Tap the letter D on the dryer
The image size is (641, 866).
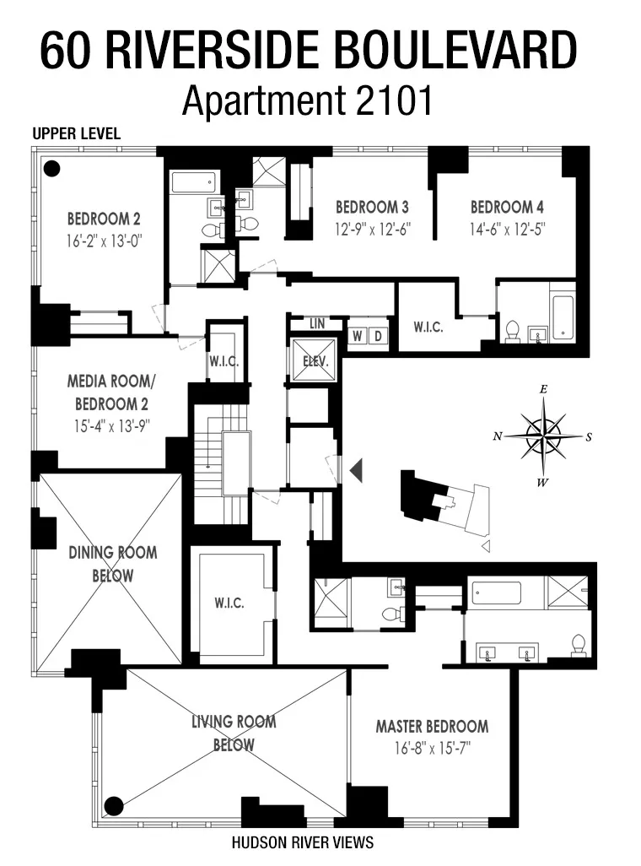coord(379,335)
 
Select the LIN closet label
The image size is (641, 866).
coord(316,323)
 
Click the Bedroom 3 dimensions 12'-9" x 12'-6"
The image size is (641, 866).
coord(372,228)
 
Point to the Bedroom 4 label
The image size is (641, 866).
coord(502,207)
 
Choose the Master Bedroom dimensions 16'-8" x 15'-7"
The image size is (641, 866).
coord(432,748)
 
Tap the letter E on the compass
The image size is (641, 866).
coord(544,390)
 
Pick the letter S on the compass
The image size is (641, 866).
coord(589,436)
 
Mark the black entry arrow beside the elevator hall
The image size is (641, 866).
coord(356,469)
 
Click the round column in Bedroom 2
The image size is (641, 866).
coord(52,169)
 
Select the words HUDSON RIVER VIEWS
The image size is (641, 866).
coord(302,842)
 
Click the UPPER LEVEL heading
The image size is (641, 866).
coord(77,134)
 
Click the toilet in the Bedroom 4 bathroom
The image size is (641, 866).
coord(512,333)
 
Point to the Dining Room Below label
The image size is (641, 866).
coord(112,564)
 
